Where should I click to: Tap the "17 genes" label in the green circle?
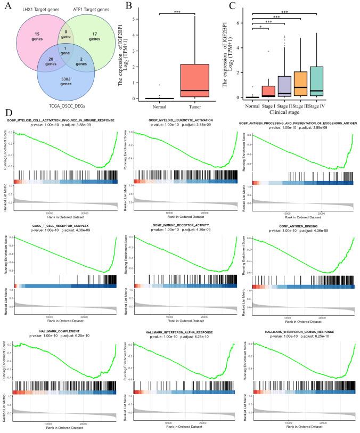94,36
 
